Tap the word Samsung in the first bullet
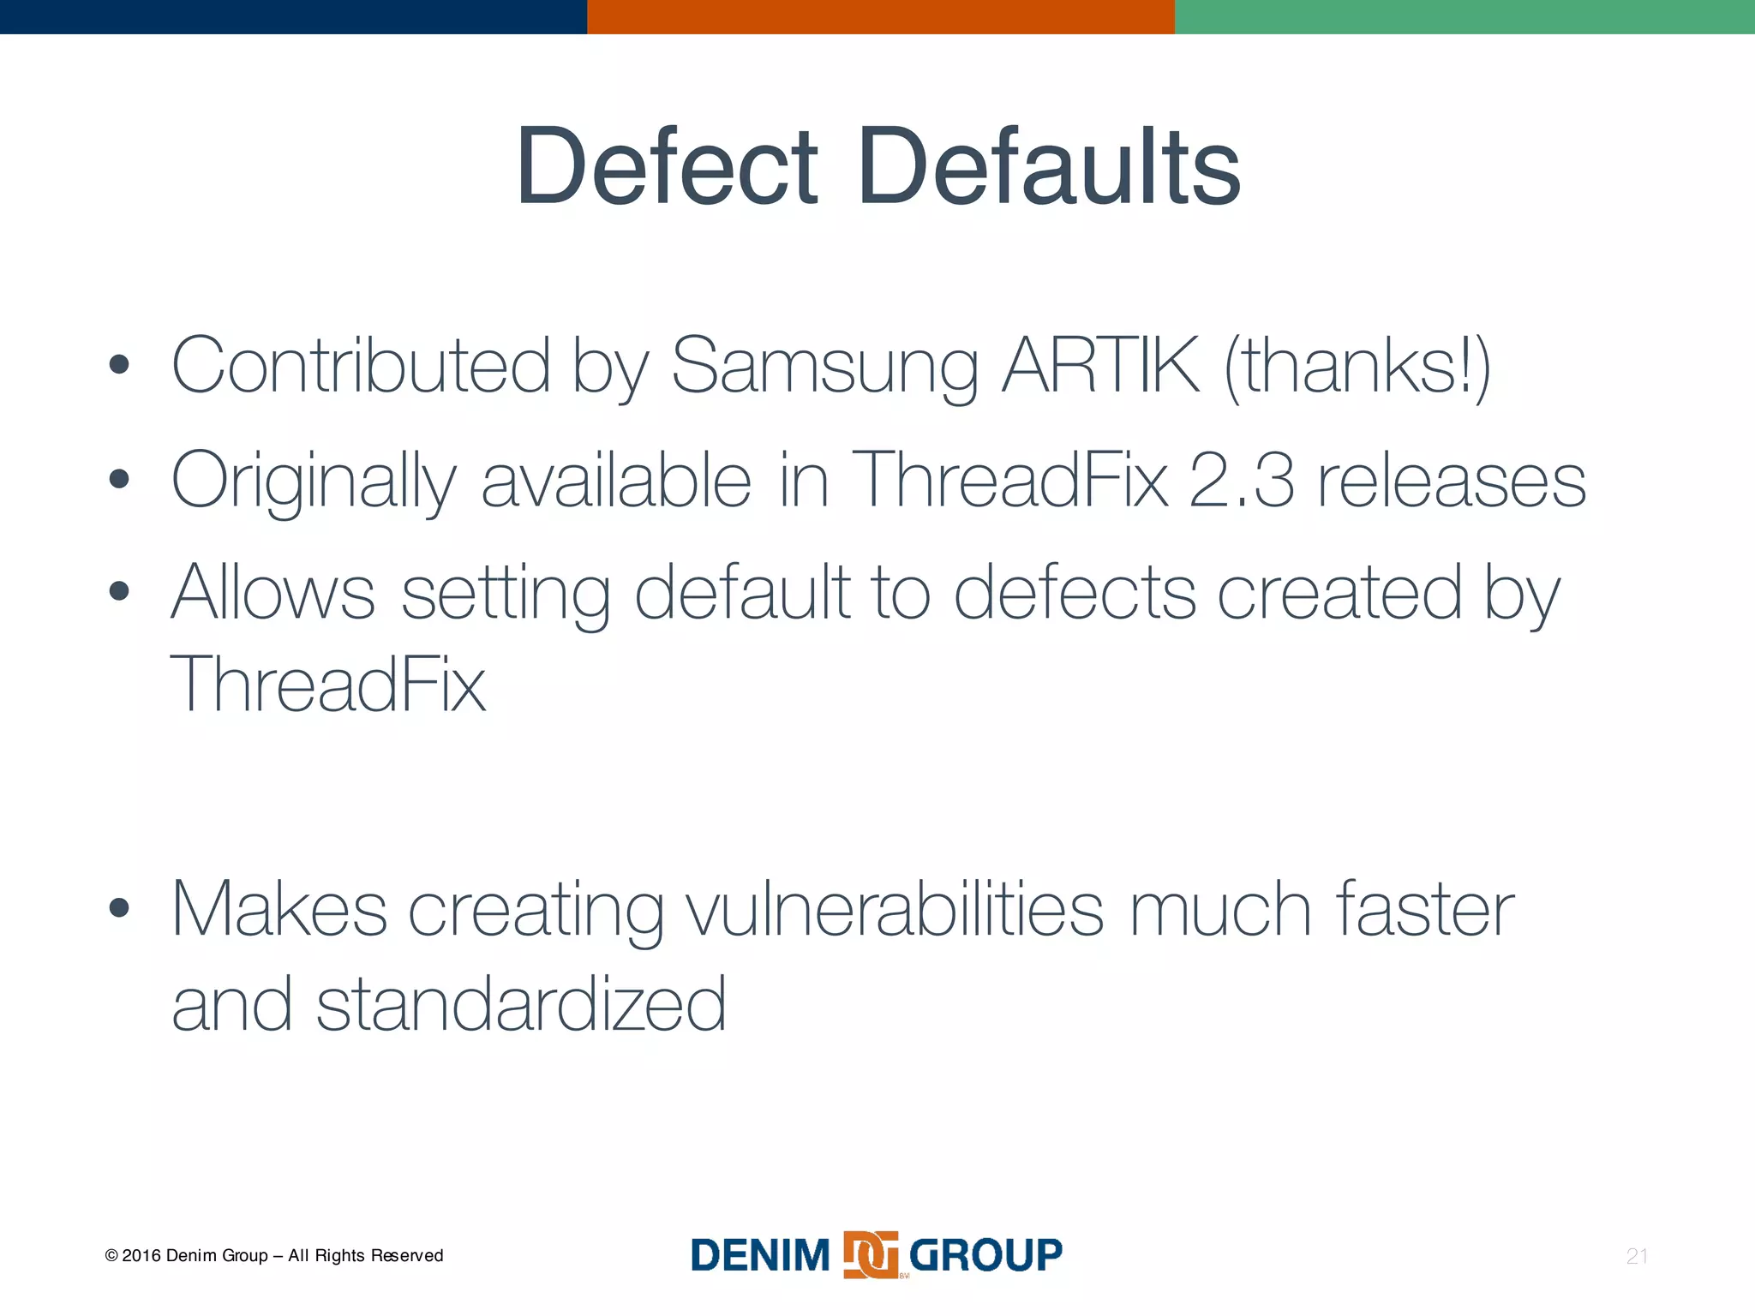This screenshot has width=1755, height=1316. click(824, 367)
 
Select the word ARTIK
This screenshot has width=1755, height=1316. click(1101, 365)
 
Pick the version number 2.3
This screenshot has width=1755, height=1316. click(1242, 480)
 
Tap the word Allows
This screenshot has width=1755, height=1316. click(273, 593)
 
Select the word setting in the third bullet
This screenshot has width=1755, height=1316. click(506, 595)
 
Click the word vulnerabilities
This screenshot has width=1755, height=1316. click(895, 911)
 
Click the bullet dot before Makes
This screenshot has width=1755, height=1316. click(120, 908)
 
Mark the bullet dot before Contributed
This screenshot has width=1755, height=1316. click(120, 366)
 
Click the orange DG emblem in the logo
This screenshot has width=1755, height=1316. click(871, 1255)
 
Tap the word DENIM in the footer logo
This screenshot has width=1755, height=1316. click(760, 1256)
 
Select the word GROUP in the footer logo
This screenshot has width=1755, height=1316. click(985, 1255)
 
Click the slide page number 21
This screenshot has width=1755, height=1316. click(1637, 1256)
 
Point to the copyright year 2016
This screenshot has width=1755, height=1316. click(141, 1256)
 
